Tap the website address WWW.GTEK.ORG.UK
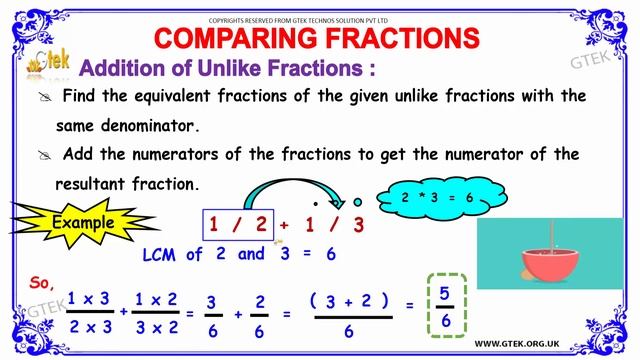point(552,341)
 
